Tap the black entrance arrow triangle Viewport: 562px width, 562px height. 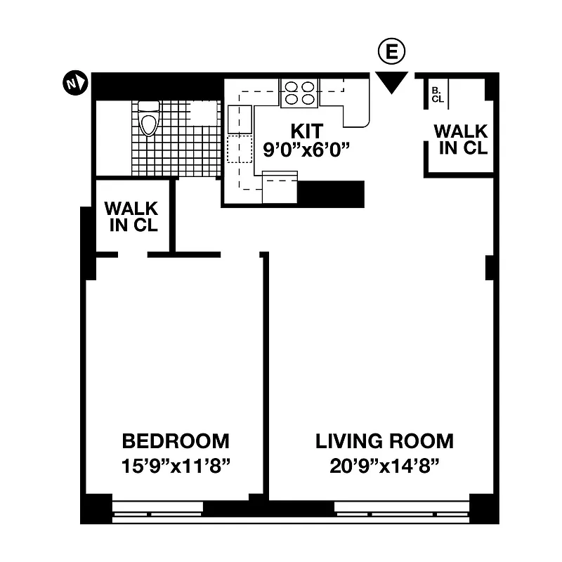pyautogui.click(x=391, y=81)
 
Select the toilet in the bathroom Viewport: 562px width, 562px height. pyautogui.click(x=148, y=119)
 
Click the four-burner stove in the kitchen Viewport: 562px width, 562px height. pyautogui.click(x=299, y=93)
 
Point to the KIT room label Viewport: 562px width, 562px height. pyautogui.click(x=306, y=131)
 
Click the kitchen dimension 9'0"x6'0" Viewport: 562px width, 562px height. pyautogui.click(x=306, y=150)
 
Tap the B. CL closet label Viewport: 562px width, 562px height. pyautogui.click(x=437, y=94)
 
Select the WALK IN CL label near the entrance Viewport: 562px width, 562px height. pyautogui.click(x=460, y=139)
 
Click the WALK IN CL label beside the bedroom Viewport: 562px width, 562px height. pyautogui.click(x=131, y=217)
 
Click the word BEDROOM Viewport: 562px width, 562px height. pyautogui.click(x=176, y=441)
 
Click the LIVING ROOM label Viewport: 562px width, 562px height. pyautogui.click(x=384, y=441)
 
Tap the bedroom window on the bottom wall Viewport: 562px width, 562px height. pyautogui.click(x=157, y=507)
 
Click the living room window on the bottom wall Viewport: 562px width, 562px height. pyautogui.click(x=401, y=507)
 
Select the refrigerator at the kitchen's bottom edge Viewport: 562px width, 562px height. pyautogui.click(x=280, y=188)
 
